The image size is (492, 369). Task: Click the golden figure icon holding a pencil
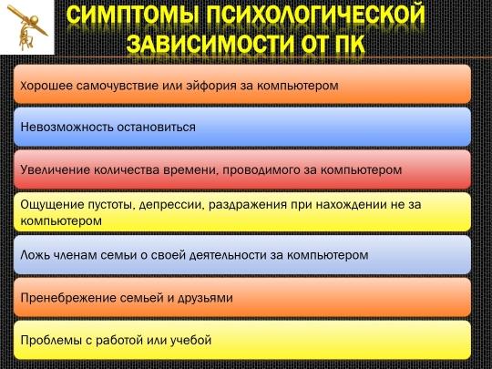pos(27,27)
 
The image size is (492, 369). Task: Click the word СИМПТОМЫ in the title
pos(133,15)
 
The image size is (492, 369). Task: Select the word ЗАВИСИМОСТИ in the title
pos(210,44)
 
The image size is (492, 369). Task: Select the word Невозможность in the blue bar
pos(67,127)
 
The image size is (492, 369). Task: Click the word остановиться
pos(157,127)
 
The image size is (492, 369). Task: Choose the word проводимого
pos(261,170)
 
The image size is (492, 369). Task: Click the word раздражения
pos(248,205)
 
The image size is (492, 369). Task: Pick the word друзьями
pos(205,299)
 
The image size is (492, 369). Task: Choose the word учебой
pos(190,341)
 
